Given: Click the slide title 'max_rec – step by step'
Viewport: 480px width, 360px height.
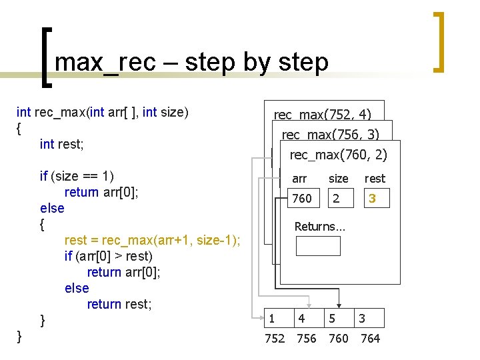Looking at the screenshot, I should click(192, 62).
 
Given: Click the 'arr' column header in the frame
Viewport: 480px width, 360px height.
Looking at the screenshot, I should click(299, 179).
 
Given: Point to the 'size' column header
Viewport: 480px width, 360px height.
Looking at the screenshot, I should click(338, 179).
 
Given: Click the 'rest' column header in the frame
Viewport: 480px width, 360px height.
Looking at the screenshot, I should click(375, 179).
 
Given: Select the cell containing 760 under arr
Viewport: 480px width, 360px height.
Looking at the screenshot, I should click(302, 199).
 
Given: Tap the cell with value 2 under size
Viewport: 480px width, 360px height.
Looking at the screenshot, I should click(337, 199).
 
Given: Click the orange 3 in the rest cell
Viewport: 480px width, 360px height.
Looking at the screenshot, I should click(373, 199).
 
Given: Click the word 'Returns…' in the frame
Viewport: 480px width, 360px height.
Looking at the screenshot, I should click(320, 227).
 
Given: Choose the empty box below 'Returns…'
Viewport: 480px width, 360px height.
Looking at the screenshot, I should click(318, 246).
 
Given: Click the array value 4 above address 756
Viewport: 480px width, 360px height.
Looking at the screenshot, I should click(302, 319).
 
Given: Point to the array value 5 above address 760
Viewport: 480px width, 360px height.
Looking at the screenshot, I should click(331, 319).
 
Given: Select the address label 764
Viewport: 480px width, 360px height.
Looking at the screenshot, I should click(370, 339).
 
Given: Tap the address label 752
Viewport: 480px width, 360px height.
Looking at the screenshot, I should click(275, 339).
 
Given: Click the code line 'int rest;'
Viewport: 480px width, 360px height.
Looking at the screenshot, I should click(66, 144).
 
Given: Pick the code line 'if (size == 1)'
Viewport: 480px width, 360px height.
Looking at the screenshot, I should click(77, 176).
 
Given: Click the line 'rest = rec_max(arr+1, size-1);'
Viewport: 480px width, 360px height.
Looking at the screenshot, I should click(153, 240).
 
